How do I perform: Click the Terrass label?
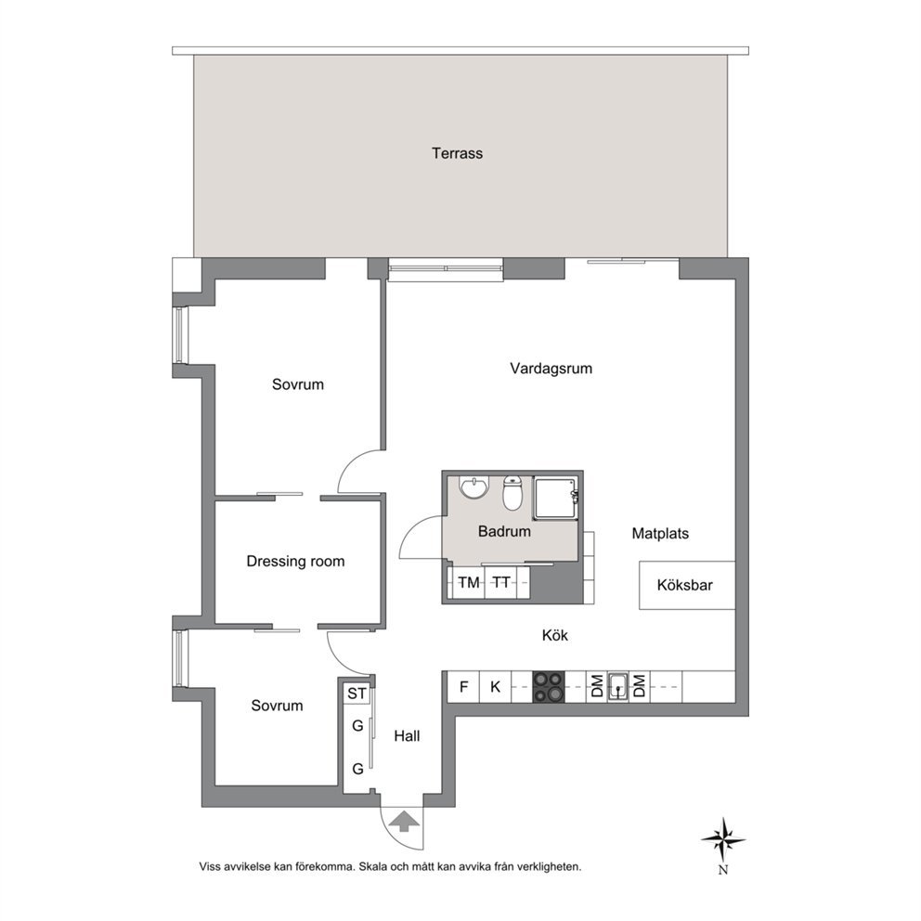point(457,153)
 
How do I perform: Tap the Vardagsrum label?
point(551,369)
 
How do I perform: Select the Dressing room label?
point(295,562)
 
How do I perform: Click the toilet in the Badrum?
point(512,493)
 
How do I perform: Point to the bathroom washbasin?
point(474,486)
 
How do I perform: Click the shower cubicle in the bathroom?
point(555,499)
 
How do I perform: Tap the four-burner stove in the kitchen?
point(548,687)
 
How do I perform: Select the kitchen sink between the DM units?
point(618,687)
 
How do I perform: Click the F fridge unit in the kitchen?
point(463,687)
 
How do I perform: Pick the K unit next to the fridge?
point(495,687)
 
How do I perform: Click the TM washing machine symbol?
point(469,583)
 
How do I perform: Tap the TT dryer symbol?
point(501,583)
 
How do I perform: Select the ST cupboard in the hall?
point(357,694)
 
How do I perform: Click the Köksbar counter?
point(687,585)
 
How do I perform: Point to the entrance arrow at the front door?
point(404,821)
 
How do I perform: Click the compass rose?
point(723,840)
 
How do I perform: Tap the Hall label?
point(407,736)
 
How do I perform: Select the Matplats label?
point(660,534)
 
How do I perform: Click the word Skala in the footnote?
point(373,866)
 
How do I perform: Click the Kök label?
point(555,636)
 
